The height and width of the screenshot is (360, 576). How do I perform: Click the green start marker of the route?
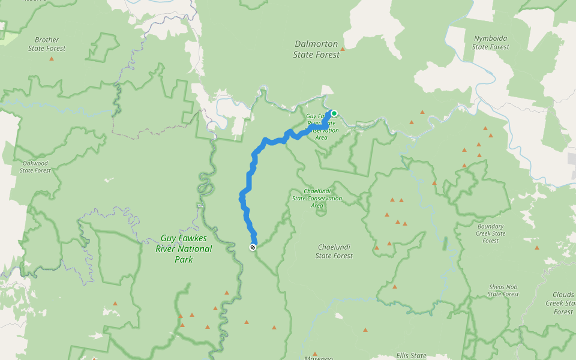[x=334, y=113]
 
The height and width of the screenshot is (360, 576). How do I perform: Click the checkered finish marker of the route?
[x=253, y=247]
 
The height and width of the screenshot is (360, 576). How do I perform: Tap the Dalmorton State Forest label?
[x=316, y=49]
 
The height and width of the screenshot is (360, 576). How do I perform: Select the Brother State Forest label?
[x=47, y=44]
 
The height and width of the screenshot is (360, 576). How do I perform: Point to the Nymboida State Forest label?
[x=490, y=42]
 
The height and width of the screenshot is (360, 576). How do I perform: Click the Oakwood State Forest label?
[x=35, y=166]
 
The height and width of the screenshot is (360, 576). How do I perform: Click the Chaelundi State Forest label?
[x=334, y=251]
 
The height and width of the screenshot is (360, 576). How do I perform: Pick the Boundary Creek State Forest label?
[x=490, y=233]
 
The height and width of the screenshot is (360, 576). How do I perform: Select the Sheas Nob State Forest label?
[x=503, y=290]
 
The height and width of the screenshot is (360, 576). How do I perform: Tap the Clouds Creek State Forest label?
[x=563, y=303]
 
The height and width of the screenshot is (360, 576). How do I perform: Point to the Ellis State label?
[x=411, y=355]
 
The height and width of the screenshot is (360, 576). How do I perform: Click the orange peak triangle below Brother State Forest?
[x=51, y=59]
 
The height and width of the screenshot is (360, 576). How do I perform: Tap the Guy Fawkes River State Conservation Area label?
[x=324, y=127]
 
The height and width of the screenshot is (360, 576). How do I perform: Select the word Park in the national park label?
[x=184, y=260]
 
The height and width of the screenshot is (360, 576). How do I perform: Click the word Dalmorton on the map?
[x=316, y=44]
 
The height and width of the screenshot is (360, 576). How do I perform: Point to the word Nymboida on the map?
[x=490, y=38]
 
